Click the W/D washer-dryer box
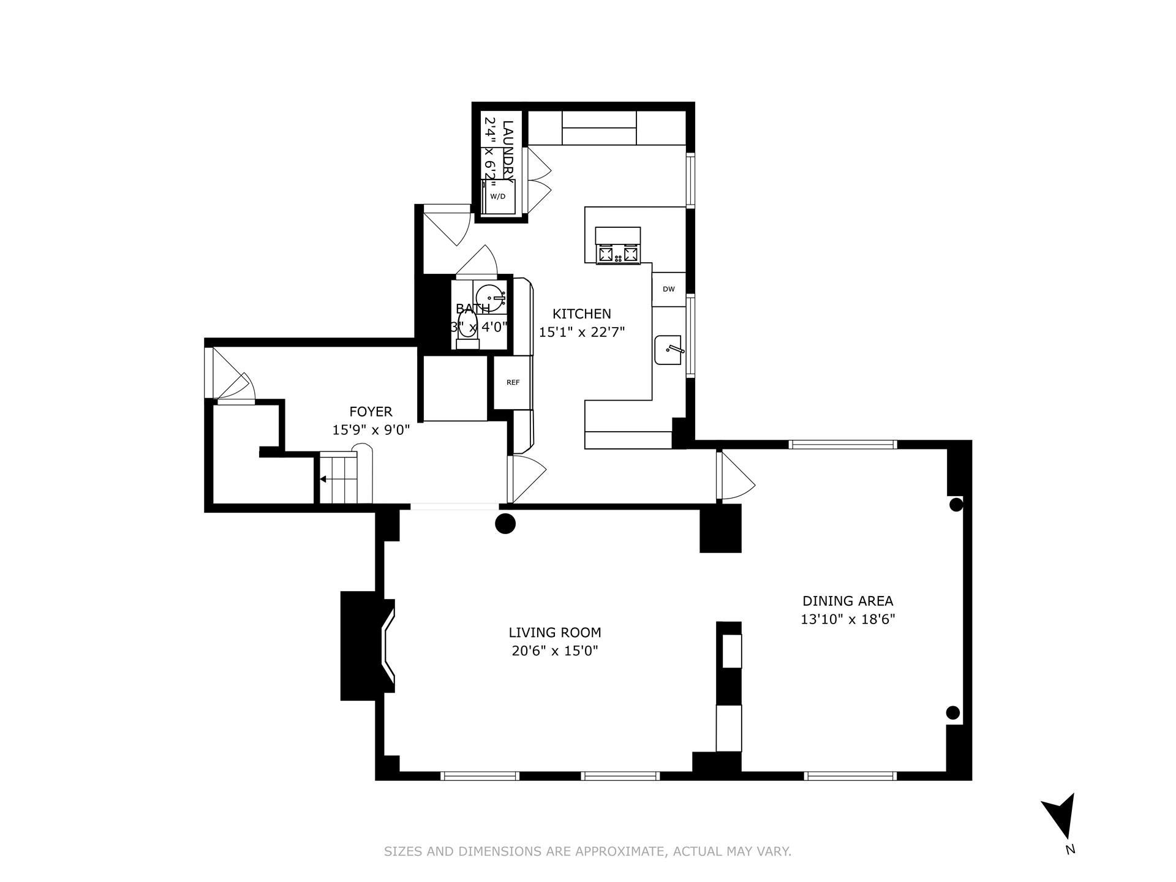click(498, 196)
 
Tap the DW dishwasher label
click(669, 289)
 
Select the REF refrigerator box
click(513, 382)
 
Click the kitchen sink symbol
click(668, 350)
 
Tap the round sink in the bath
click(489, 297)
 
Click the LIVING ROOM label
click(555, 632)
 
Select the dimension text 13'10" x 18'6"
click(848, 619)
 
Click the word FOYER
click(371, 412)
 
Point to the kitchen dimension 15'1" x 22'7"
click(581, 332)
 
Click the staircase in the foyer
click(338, 478)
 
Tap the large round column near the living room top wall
click(505, 524)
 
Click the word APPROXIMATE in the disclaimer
click(619, 851)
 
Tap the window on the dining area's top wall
click(843, 445)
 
